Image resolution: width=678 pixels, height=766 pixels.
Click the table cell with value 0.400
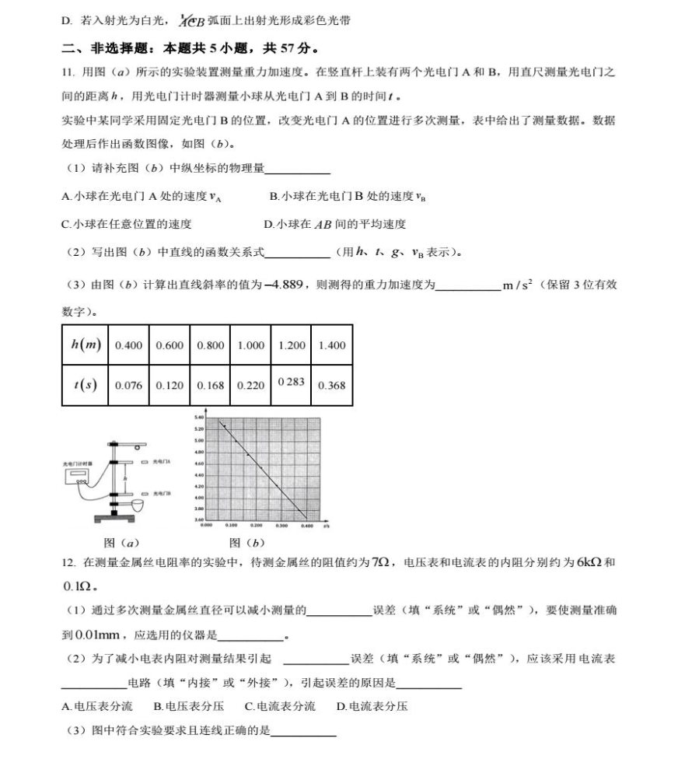[x=128, y=345]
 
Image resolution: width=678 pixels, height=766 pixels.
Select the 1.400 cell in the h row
[x=332, y=345]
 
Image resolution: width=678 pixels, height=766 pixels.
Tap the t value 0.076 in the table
[x=128, y=385]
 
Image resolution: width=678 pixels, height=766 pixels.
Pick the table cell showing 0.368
[x=332, y=385]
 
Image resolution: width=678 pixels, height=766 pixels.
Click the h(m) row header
[x=86, y=345]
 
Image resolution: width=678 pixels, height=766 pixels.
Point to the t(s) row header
[x=86, y=385]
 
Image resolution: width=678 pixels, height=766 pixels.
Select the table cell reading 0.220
[x=250, y=385]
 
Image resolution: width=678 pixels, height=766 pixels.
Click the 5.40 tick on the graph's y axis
[x=199, y=418]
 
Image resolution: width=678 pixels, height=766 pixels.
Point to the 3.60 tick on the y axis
[x=199, y=519]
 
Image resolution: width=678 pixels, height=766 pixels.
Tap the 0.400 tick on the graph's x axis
[x=306, y=526]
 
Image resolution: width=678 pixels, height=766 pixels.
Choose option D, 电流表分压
[x=372, y=706]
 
